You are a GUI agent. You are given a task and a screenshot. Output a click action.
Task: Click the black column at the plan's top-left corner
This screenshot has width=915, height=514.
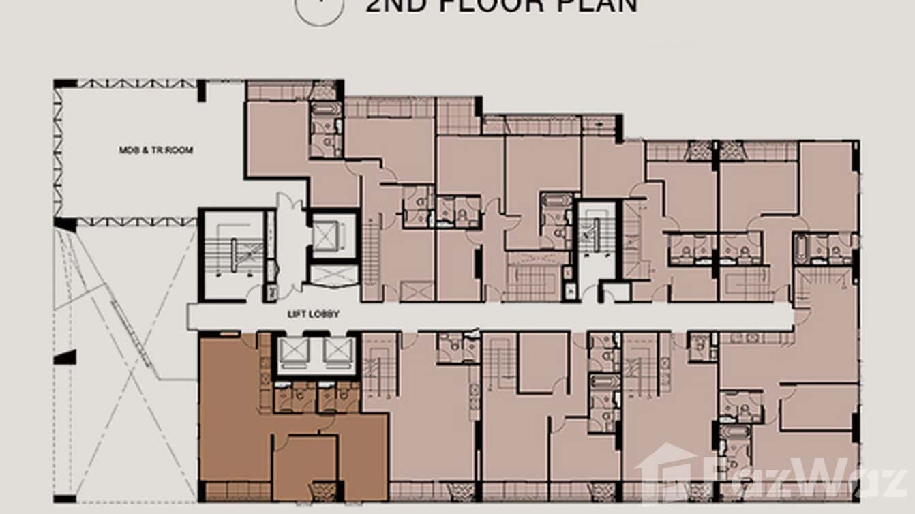point(65,84)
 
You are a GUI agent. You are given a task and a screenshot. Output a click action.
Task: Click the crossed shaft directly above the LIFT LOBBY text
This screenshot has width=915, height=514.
point(333,275)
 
